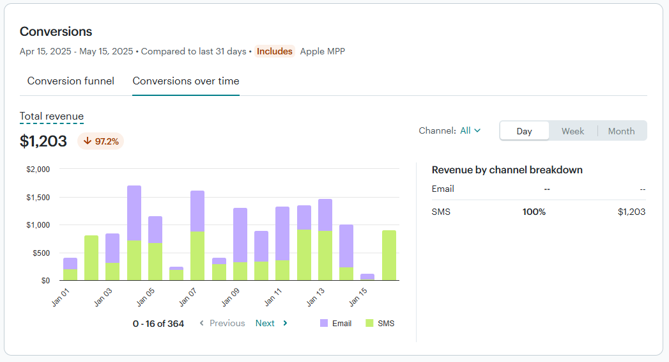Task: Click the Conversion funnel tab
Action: tap(70, 81)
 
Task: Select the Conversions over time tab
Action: tap(186, 81)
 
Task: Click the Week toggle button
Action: tap(573, 131)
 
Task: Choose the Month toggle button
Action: tap(621, 131)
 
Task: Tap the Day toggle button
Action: tap(524, 131)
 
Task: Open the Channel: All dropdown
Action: tap(450, 130)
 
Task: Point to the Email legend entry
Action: tap(335, 324)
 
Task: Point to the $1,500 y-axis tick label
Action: tap(38, 197)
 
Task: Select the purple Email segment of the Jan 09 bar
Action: tap(240, 235)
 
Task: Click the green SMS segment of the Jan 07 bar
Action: tap(197, 256)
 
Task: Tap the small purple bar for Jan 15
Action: tap(367, 277)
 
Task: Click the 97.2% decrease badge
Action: tap(101, 141)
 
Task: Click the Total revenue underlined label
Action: tap(52, 116)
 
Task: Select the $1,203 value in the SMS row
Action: tap(631, 212)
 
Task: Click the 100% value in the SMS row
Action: tap(534, 212)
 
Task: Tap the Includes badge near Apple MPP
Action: tap(275, 51)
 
